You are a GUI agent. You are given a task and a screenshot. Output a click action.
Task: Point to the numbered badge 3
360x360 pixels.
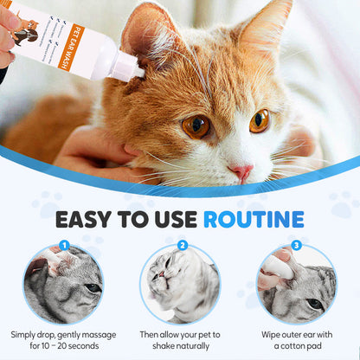coord(296,245)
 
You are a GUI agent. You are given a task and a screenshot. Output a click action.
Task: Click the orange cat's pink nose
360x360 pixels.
coord(241,171)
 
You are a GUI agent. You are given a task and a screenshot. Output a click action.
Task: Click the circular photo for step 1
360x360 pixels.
coord(62,284)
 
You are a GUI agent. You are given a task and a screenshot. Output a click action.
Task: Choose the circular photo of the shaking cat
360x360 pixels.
coord(179,284)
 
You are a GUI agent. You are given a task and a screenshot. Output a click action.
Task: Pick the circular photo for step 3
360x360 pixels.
coord(296,284)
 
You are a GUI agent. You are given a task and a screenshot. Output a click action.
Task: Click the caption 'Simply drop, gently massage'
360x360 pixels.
coord(62,333)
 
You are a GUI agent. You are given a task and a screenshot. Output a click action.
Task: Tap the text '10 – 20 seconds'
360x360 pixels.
coord(62,346)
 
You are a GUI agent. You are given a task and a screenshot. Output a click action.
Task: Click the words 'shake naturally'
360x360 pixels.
coord(179,346)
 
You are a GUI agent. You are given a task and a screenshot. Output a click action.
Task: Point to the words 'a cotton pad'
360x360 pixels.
coord(296,346)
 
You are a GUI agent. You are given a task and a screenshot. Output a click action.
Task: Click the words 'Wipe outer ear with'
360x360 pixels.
coord(296,333)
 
